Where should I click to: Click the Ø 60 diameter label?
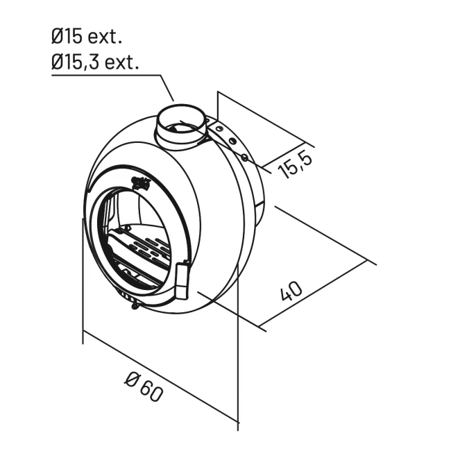[x=144, y=386]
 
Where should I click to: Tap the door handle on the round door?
[x=182, y=281]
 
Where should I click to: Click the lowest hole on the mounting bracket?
[x=244, y=158]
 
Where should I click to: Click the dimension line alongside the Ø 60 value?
[x=160, y=382]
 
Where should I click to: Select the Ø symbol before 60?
[x=131, y=378]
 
